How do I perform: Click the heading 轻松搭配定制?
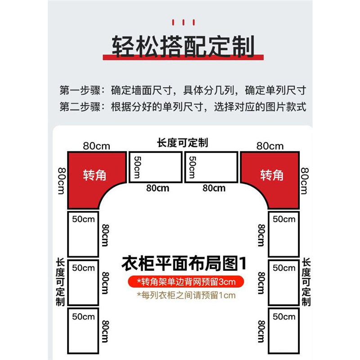point(183,46)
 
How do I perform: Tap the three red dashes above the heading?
point(183,22)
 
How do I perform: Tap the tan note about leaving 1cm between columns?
point(186,296)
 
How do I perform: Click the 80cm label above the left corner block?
point(96,146)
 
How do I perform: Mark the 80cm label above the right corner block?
point(270,146)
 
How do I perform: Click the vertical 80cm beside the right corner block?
point(305,181)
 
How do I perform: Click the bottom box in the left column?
point(83,331)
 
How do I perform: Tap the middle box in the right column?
point(283,283)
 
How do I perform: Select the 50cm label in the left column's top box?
point(83,219)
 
